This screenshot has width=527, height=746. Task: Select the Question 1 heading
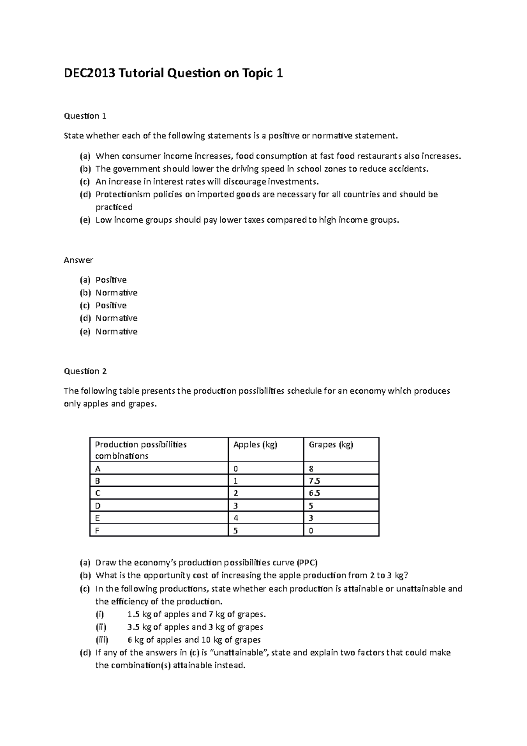coord(85,116)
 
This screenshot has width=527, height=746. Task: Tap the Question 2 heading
coord(85,371)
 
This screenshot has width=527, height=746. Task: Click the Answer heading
coord(78,260)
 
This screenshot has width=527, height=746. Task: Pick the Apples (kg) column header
coord(255,445)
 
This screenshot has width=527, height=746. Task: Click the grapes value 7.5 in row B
coord(314,481)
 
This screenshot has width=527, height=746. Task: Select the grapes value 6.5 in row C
coord(314,493)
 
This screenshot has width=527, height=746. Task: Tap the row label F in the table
coord(97,531)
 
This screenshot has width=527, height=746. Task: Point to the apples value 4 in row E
coord(236,518)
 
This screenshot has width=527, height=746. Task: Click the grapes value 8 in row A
coord(311,468)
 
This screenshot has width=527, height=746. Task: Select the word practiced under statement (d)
coord(114,207)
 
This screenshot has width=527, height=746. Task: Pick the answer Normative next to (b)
coord(116,293)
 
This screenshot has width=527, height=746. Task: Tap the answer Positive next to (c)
coord(111,305)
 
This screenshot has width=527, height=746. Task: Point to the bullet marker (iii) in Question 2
coord(102,640)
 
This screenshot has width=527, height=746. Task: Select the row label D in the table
coord(97,506)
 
